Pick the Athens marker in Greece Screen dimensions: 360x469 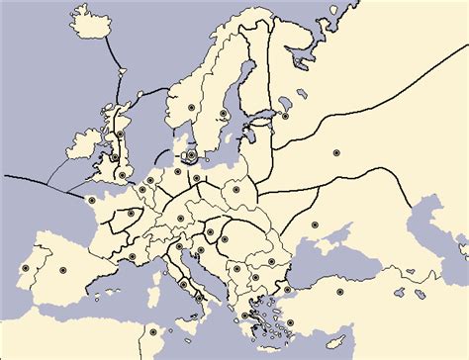[244, 316]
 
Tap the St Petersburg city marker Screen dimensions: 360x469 [287, 116]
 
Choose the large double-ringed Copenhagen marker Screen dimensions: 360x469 [191, 154]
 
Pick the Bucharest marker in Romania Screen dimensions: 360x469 [271, 261]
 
